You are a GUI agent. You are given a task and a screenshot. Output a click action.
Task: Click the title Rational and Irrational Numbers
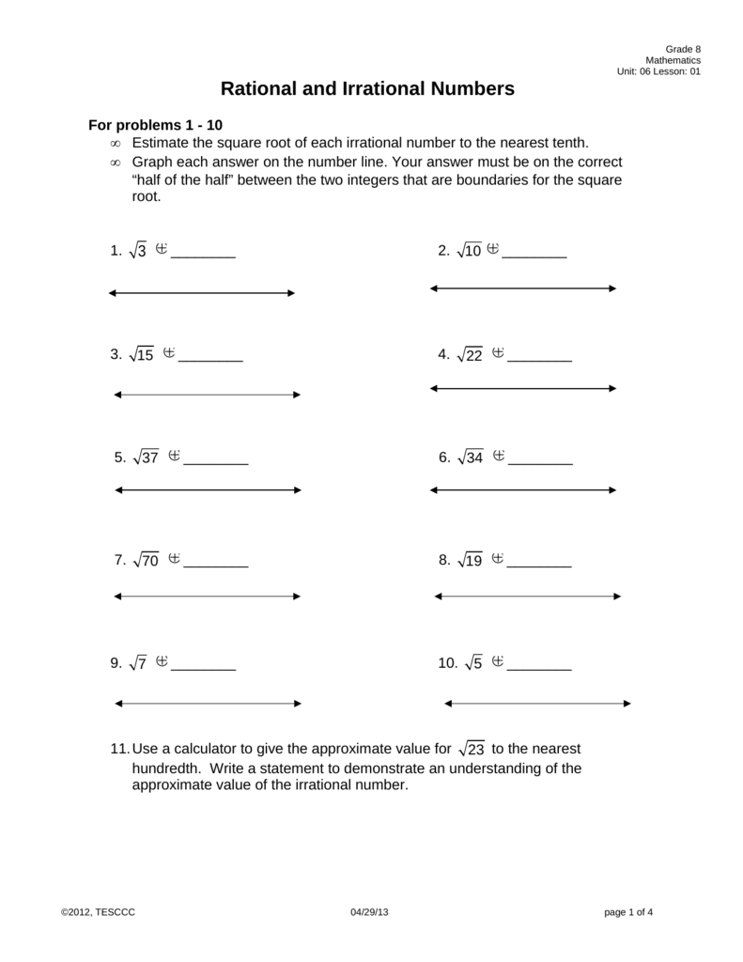(x=367, y=89)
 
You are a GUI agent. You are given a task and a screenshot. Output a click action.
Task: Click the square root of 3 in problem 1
(x=137, y=251)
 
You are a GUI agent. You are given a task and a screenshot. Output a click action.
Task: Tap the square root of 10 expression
(x=469, y=251)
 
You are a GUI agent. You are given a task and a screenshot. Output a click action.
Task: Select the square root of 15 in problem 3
(x=142, y=354)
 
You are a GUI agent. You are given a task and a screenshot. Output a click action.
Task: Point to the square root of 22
(x=469, y=354)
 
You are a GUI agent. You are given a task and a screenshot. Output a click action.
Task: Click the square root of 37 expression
(x=147, y=458)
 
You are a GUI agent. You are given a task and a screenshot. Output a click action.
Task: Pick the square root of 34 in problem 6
(x=470, y=458)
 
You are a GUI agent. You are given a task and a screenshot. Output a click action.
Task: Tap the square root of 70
(x=147, y=560)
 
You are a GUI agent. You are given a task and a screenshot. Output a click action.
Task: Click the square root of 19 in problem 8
(x=469, y=560)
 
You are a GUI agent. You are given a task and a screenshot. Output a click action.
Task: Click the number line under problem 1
(x=202, y=293)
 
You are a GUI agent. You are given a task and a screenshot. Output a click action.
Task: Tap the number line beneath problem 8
(x=527, y=597)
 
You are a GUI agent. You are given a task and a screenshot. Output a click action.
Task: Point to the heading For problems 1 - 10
(x=155, y=125)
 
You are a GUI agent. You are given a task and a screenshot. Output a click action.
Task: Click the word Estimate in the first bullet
(x=161, y=143)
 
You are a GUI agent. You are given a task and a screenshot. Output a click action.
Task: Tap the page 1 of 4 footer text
(x=628, y=912)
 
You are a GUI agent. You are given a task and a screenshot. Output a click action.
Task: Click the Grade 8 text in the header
(x=683, y=49)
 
